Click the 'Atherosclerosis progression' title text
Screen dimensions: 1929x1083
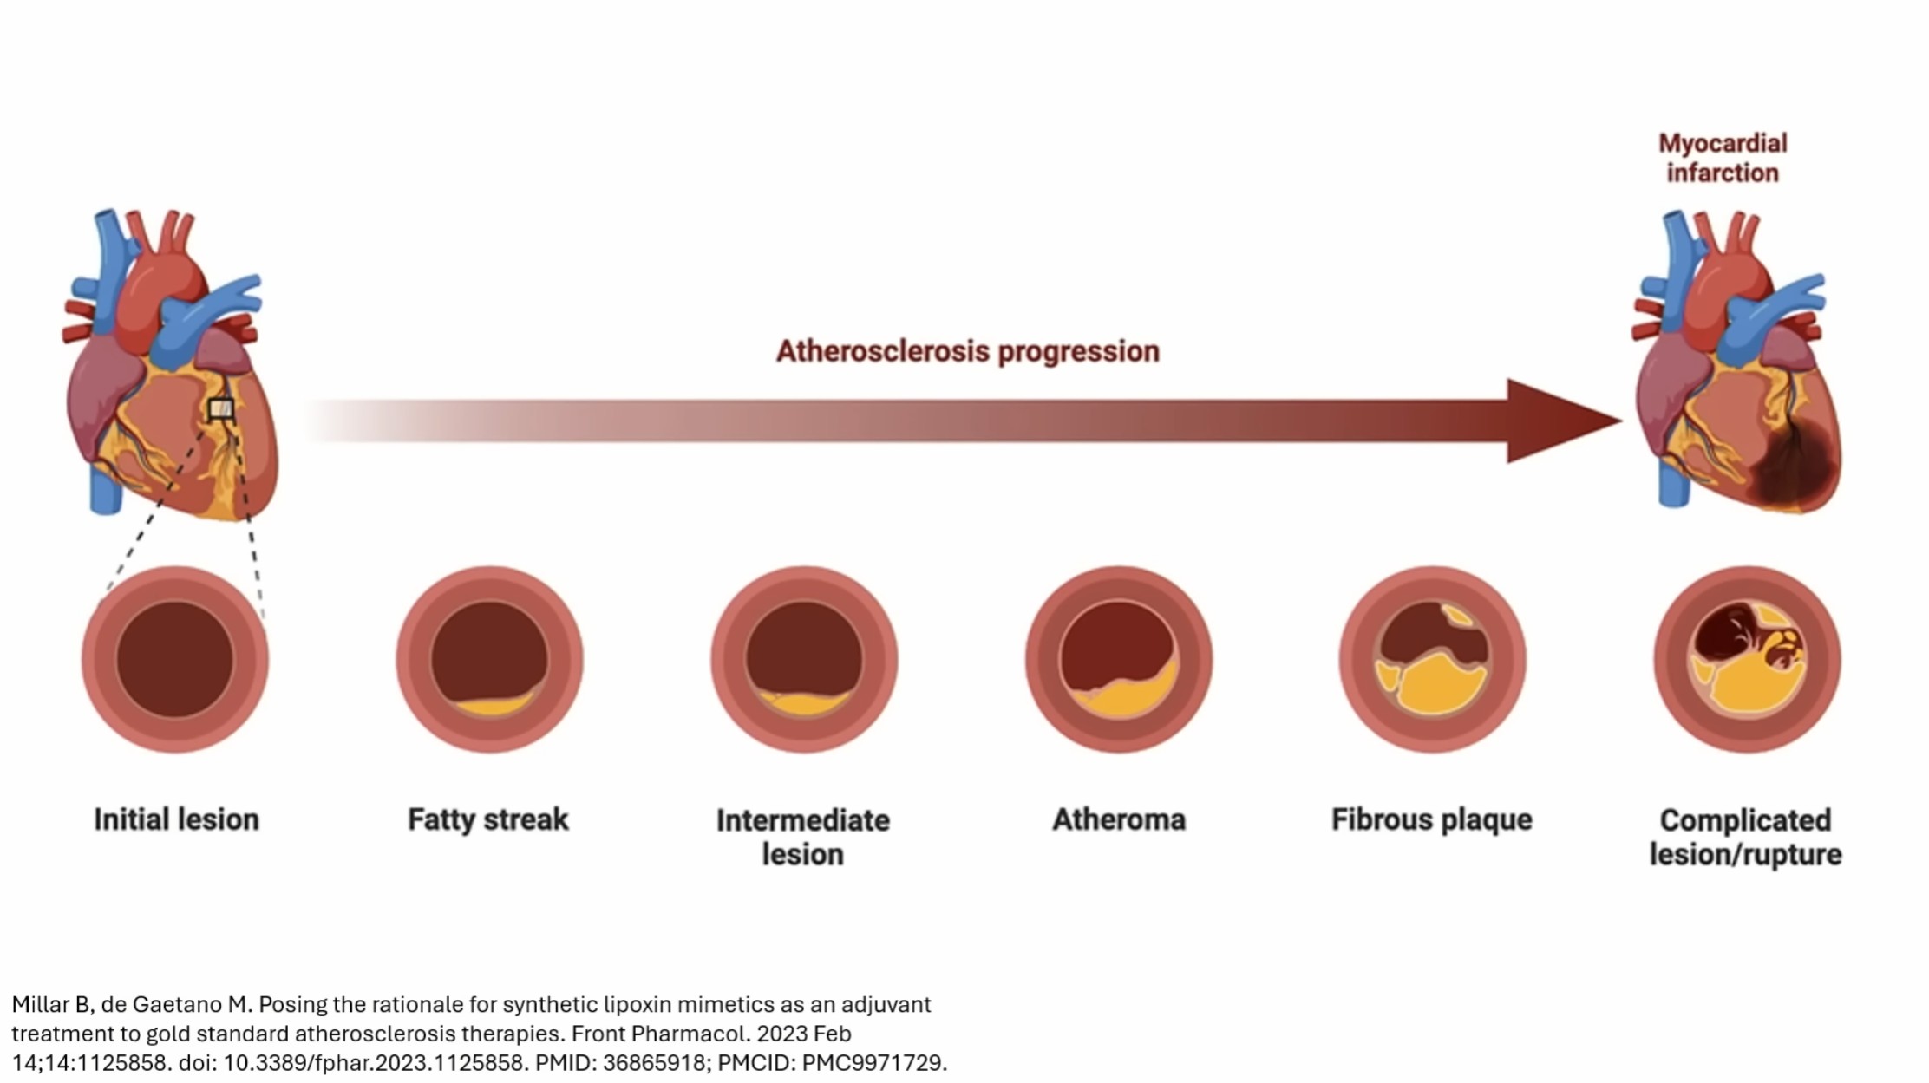tap(967, 351)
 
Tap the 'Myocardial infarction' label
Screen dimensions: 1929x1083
tap(1723, 158)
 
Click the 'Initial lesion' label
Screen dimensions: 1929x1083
tap(176, 819)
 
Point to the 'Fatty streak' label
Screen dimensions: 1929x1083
tap(488, 819)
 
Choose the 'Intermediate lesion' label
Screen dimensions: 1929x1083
tap(803, 837)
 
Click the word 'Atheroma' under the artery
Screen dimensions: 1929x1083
tap(1119, 819)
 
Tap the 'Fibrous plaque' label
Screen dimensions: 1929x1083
tap(1432, 819)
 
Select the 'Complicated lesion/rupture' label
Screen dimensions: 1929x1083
tap(1745, 837)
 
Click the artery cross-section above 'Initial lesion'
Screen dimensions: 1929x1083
tap(175, 659)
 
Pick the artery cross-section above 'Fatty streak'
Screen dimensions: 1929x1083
tap(489, 659)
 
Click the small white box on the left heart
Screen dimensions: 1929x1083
tap(221, 409)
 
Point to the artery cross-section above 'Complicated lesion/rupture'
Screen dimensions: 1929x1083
tap(1747, 659)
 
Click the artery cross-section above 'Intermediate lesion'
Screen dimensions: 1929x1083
tap(804, 659)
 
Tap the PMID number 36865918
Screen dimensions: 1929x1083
tap(654, 1063)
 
